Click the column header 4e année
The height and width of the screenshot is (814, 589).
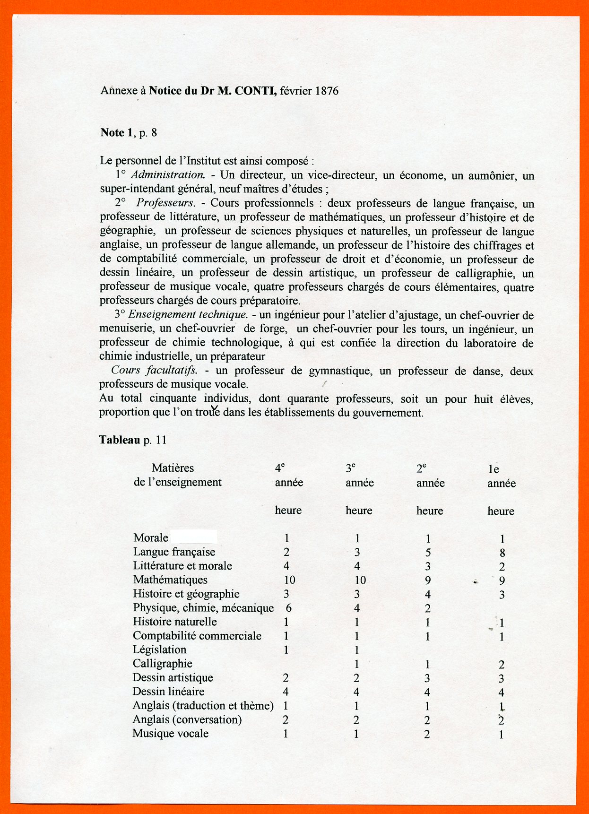point(289,476)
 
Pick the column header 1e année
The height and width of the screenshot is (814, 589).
point(501,476)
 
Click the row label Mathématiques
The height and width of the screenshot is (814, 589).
point(170,580)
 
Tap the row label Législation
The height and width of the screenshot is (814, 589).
point(159,650)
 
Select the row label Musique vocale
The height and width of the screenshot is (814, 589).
point(170,734)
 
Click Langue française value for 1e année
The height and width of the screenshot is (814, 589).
point(502,553)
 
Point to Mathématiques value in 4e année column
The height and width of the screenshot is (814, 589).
point(289,580)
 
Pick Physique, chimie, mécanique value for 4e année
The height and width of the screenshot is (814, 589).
point(288,608)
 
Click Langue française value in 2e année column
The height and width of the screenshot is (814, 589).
point(428,553)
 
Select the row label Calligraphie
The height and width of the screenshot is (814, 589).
point(162,664)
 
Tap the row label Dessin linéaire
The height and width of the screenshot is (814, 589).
point(168,692)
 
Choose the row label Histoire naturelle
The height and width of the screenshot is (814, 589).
point(174,622)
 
